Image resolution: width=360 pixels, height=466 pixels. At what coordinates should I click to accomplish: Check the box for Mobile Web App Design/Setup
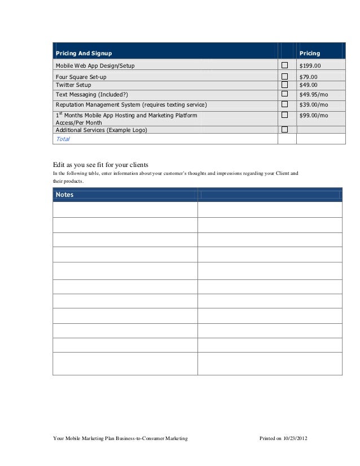[x=284, y=65]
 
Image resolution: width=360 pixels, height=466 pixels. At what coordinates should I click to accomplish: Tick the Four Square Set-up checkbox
[x=284, y=76]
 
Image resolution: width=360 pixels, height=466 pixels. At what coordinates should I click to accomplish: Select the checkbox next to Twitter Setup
[x=284, y=85]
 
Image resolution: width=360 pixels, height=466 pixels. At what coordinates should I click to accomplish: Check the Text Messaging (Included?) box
[x=284, y=94]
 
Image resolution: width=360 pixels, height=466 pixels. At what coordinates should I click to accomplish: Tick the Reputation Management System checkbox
[x=284, y=104]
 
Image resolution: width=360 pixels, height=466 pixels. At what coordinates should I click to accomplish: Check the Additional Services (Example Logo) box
[x=284, y=130]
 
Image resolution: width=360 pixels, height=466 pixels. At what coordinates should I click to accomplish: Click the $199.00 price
[x=309, y=66]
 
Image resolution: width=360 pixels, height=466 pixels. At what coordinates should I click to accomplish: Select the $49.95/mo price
[x=313, y=94]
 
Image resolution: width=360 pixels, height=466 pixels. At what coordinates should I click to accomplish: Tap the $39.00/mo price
[x=313, y=105]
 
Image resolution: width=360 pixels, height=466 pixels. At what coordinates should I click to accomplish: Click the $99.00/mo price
[x=313, y=116]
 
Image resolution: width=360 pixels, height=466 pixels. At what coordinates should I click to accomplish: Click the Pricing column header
[x=309, y=54]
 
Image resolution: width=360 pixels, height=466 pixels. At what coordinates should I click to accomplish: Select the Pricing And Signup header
[x=84, y=54]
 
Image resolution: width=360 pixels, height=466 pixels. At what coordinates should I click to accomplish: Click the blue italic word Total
[x=63, y=139]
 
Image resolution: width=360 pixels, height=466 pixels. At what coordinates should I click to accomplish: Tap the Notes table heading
[x=65, y=195]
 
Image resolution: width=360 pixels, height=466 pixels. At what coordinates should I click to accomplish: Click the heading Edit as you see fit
[x=100, y=164]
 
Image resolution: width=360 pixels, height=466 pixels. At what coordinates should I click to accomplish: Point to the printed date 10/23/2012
[x=296, y=438]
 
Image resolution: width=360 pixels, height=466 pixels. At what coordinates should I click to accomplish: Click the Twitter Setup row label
[x=73, y=85]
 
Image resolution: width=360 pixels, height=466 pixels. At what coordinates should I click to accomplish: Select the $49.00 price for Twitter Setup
[x=308, y=85]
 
